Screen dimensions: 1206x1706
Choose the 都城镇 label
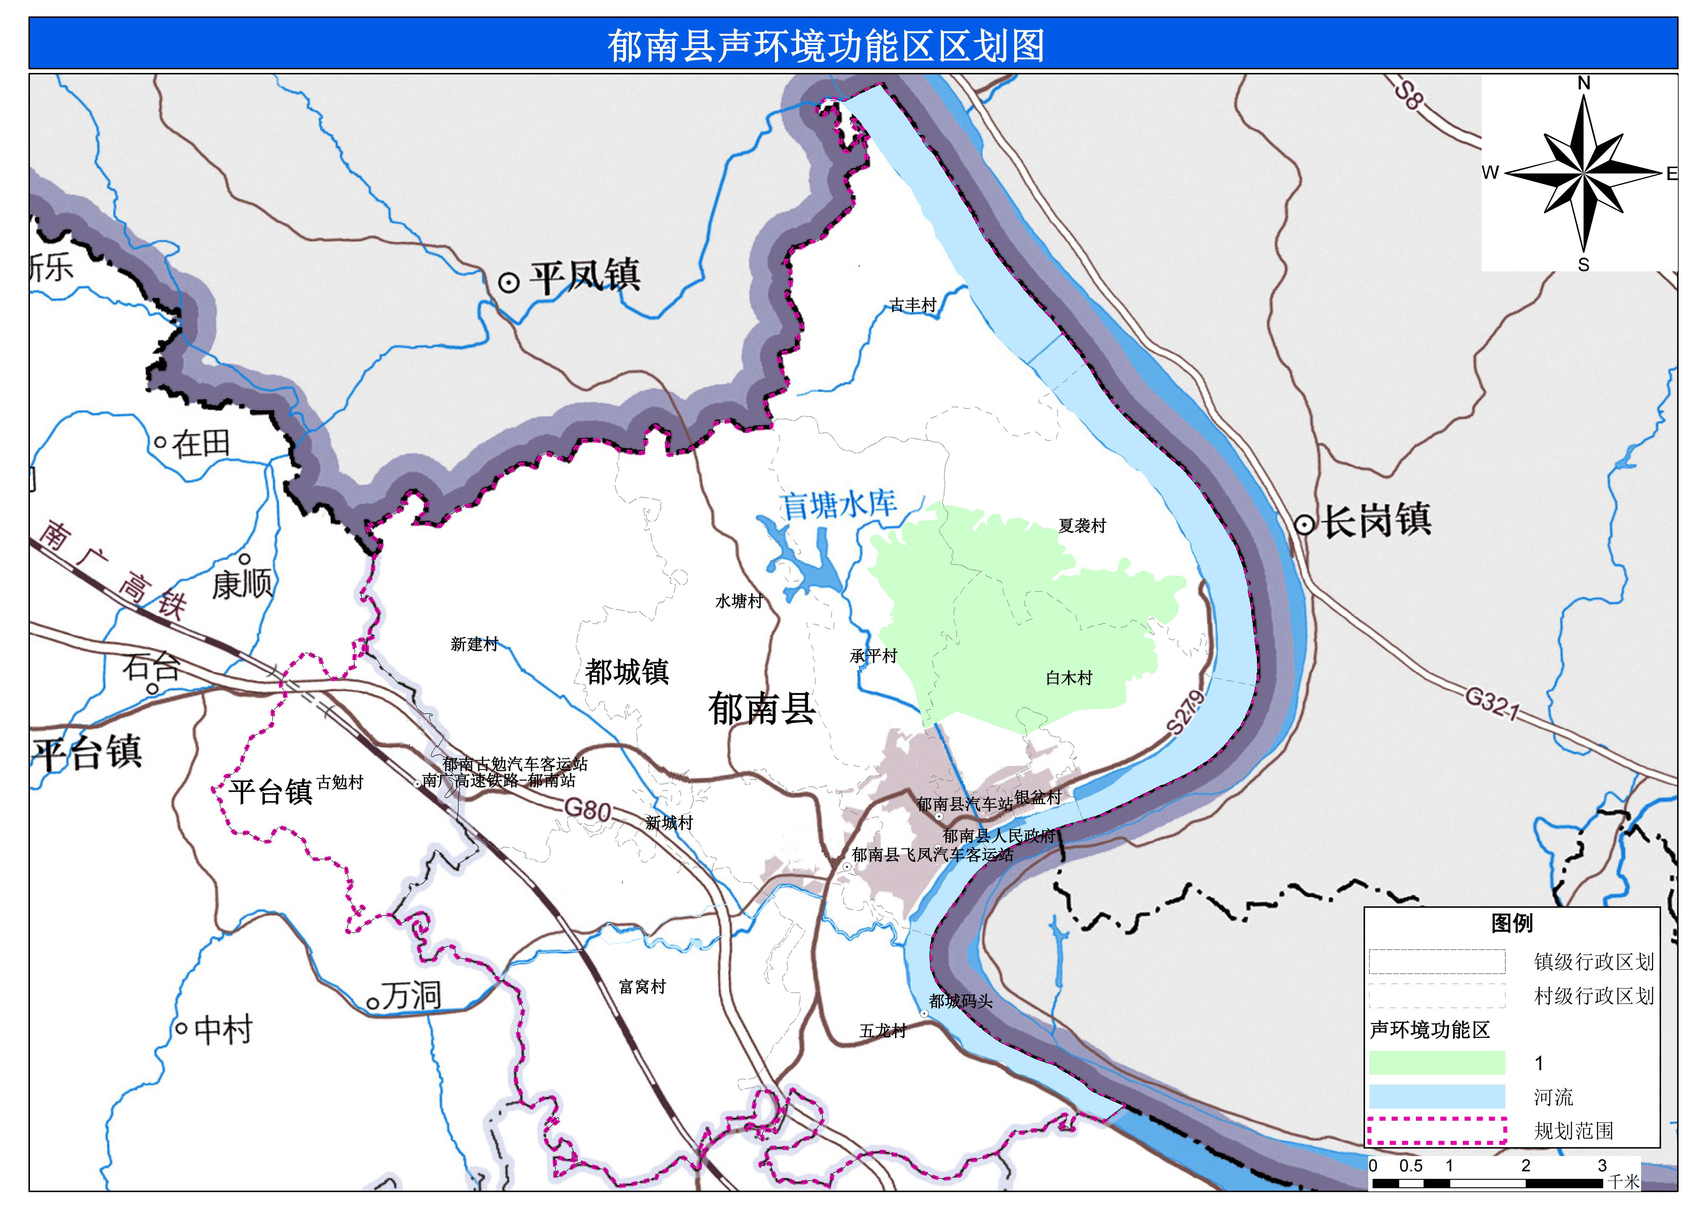click(x=627, y=672)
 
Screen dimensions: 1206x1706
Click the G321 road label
click(x=1492, y=703)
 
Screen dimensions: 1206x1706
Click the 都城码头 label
click(x=960, y=1001)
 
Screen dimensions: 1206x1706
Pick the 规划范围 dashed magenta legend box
click(x=1436, y=1130)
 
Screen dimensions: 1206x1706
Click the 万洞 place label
click(x=411, y=995)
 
